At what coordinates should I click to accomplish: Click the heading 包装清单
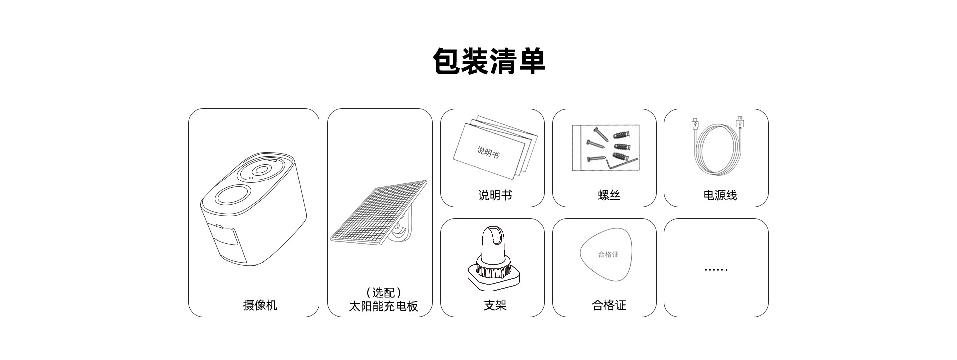point(488,61)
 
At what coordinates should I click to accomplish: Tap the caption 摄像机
point(260,305)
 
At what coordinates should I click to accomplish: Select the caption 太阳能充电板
point(383,306)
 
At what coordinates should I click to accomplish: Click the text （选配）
point(383,293)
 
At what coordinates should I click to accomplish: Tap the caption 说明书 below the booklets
point(495,195)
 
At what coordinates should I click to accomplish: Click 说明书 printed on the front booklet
point(488,151)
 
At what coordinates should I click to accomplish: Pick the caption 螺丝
point(609,195)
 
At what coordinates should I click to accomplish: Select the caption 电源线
point(720,195)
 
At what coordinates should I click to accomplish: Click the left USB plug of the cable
point(694,124)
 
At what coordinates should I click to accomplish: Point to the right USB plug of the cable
point(739,122)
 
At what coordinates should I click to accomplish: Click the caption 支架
point(495,305)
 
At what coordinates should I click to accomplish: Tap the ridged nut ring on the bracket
point(493,268)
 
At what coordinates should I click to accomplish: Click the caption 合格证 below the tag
point(609,305)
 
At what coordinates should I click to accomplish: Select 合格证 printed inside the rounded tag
point(608,254)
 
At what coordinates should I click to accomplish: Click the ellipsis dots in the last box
point(716,270)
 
